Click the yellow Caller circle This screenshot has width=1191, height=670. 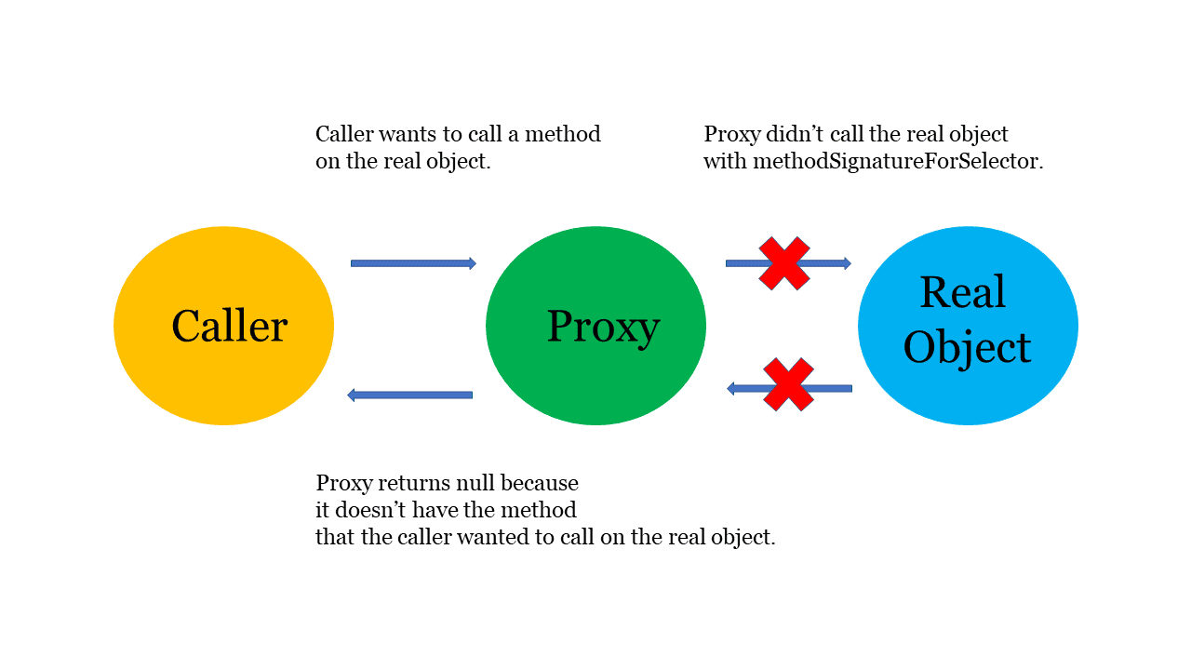(224, 326)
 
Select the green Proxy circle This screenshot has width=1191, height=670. (596, 326)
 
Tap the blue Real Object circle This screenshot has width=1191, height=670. (969, 326)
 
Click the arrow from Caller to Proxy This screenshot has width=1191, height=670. (413, 263)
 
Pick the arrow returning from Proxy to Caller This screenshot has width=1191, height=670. (409, 395)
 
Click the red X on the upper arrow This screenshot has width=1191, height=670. (784, 263)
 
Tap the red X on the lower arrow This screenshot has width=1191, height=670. (788, 384)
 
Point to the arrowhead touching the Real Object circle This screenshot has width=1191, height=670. (847, 263)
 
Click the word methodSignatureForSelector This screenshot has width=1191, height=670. (895, 162)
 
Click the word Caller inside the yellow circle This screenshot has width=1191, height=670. (230, 326)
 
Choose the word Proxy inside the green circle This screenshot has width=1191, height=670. (604, 328)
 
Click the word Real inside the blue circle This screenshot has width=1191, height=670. (963, 292)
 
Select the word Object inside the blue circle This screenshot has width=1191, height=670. (967, 347)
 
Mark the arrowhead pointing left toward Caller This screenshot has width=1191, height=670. (351, 395)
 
